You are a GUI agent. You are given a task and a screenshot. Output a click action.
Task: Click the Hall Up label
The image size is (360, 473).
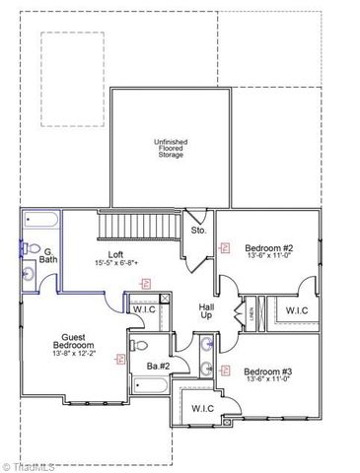pos(206,309)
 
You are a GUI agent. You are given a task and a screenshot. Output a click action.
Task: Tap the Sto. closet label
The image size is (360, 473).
pos(197,231)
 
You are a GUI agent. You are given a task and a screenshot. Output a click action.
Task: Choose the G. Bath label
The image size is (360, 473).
pos(47,254)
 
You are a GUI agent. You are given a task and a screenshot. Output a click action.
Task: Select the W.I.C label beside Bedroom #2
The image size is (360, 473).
pos(296,310)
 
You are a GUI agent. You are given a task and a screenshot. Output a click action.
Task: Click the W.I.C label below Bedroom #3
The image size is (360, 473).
pos(203,407)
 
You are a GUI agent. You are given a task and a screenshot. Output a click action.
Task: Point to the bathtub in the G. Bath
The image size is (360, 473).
pos(42,222)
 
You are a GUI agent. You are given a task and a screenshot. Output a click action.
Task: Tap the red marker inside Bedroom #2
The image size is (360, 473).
pos(227,247)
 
